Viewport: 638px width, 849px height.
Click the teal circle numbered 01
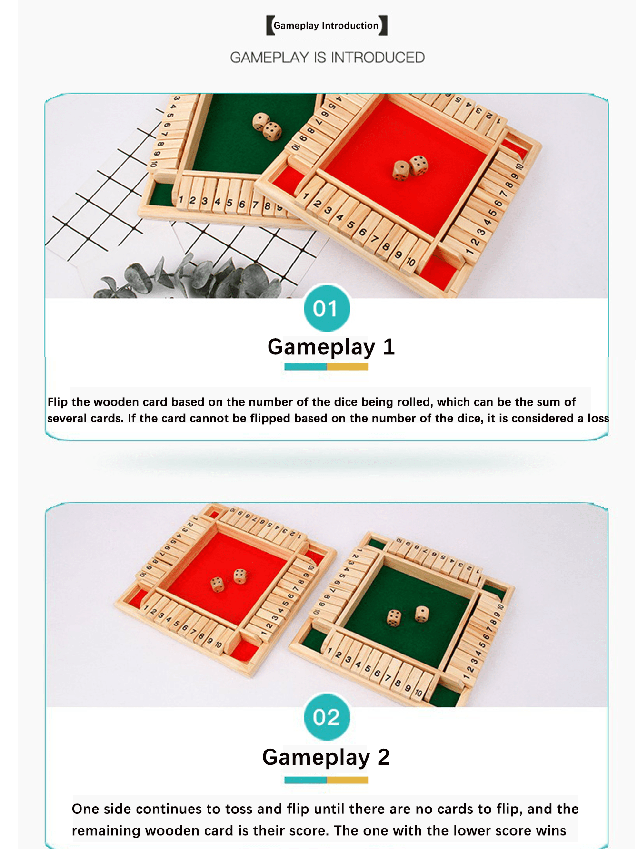point(327,308)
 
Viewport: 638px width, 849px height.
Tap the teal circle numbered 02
point(327,717)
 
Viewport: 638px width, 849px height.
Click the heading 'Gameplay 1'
point(331,347)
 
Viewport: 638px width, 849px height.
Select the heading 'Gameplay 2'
point(326,757)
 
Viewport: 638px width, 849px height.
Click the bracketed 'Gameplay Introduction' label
point(326,26)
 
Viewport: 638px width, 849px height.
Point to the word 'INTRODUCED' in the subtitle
point(378,58)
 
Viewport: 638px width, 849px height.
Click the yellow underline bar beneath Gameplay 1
point(347,367)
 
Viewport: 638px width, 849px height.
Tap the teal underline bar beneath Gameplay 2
point(305,780)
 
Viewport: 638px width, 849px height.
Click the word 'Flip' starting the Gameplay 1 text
point(58,402)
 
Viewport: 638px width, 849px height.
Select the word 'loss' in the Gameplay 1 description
point(598,418)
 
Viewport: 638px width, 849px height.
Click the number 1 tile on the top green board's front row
point(181,199)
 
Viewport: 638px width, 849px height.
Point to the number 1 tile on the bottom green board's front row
point(329,650)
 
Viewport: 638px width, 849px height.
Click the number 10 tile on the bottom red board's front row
point(219,645)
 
